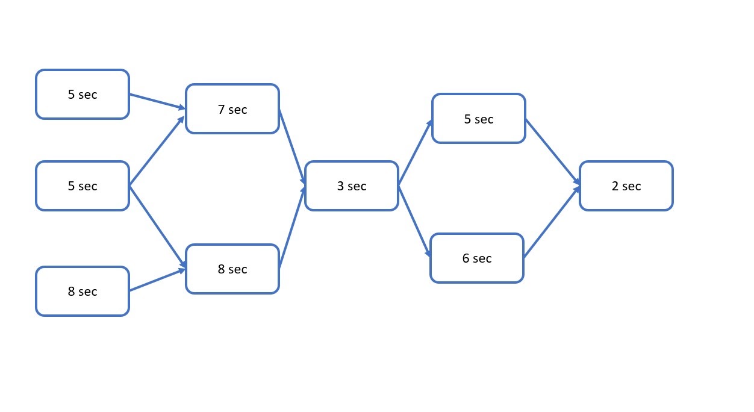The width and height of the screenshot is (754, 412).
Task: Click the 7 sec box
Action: pos(232,109)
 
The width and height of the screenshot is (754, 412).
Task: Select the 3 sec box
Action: pos(352,186)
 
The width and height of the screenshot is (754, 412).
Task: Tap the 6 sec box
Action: pos(477,258)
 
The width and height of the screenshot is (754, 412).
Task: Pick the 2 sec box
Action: pos(626,186)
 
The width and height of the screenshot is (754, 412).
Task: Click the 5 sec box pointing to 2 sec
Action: pos(479,119)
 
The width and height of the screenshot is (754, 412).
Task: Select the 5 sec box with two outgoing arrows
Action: pos(83,186)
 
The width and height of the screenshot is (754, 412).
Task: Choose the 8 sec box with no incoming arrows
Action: pos(83,292)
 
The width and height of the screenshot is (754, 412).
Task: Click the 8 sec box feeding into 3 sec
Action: pos(232,269)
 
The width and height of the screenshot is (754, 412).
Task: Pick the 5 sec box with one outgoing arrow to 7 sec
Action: pos(83,95)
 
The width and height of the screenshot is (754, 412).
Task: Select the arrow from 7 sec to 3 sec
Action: pos(292,148)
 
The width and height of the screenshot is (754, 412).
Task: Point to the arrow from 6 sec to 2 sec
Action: pos(552,223)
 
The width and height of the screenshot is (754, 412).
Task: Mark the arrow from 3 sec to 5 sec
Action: pos(415,153)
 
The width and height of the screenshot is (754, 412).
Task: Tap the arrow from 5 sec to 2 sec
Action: pos(553,152)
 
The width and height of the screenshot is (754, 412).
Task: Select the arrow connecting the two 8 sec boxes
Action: pos(157,280)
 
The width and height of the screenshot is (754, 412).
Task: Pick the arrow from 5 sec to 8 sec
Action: pos(157,226)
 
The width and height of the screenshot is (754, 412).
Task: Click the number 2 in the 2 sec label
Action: pos(615,186)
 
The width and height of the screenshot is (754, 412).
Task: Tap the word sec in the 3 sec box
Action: pos(357,186)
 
